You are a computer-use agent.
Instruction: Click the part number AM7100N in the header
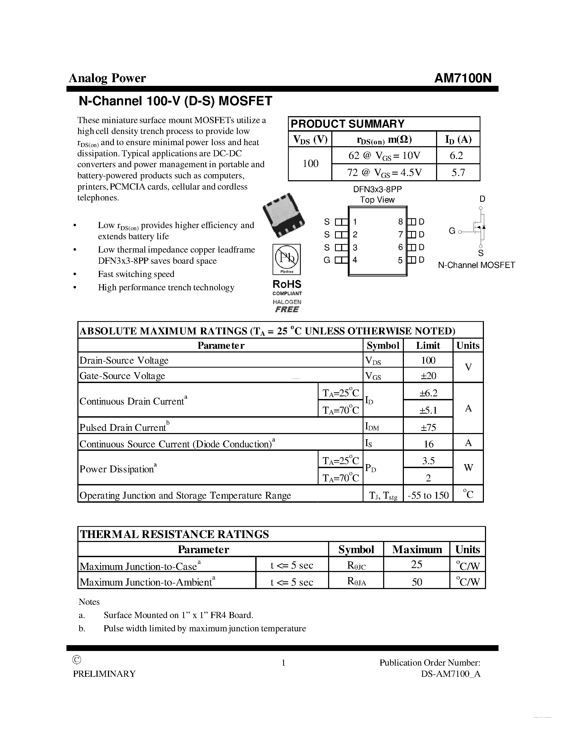click(x=463, y=78)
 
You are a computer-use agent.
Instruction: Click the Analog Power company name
click(x=107, y=78)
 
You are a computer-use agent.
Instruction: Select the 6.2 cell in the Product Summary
click(x=458, y=156)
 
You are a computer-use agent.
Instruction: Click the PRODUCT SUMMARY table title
click(x=348, y=124)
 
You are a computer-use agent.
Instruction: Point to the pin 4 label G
click(x=327, y=260)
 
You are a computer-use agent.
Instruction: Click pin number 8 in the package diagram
click(x=400, y=222)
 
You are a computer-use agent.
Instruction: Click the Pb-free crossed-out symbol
click(x=287, y=257)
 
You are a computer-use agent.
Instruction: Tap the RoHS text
click(x=287, y=284)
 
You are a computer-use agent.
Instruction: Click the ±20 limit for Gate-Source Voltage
click(x=428, y=376)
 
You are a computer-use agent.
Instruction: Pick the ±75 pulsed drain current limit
click(x=428, y=427)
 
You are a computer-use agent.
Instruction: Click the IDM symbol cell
click(x=372, y=426)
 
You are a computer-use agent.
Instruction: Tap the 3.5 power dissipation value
click(x=428, y=461)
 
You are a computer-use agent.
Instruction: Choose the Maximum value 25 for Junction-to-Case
click(x=417, y=565)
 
